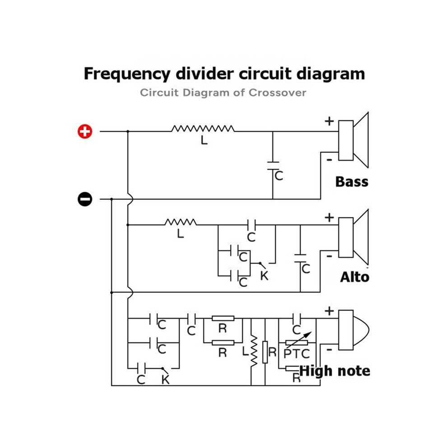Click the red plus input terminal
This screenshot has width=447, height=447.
[85, 131]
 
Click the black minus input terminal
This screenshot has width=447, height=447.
[85, 199]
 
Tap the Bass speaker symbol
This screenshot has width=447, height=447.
[354, 140]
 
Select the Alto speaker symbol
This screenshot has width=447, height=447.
[354, 237]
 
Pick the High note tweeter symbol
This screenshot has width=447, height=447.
[354, 330]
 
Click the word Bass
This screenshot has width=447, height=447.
[352, 182]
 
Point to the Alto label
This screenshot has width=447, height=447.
[354, 277]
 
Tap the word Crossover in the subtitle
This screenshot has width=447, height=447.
[277, 93]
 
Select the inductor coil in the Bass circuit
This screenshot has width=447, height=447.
[203, 129]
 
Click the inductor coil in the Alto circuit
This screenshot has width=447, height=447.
[181, 222]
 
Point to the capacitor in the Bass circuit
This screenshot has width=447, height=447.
[273, 166]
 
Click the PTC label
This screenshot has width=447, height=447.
[297, 354]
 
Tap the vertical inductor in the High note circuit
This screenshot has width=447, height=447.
[253, 351]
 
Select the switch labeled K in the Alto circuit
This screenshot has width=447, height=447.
[262, 265]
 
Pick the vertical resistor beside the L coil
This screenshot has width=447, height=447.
[265, 352]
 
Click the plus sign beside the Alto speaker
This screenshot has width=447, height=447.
[329, 218]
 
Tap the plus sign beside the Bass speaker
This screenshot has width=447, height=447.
[329, 121]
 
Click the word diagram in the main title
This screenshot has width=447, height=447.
[331, 74]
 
